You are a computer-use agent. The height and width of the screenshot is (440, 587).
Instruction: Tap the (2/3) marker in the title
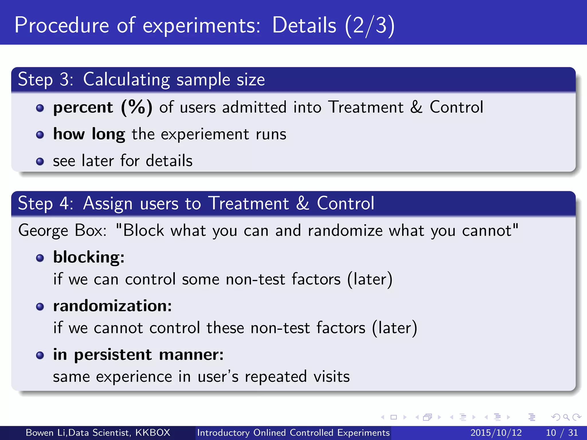(370, 26)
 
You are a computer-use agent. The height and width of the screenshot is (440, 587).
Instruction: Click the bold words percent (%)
(103, 107)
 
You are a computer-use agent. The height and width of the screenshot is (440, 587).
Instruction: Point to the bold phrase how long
(89, 134)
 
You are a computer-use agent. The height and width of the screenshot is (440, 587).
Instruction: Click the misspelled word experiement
(205, 134)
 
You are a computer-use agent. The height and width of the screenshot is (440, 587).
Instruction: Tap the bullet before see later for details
(40, 161)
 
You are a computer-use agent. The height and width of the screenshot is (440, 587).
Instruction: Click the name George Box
(62, 230)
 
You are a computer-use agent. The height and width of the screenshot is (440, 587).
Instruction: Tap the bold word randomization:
(112, 306)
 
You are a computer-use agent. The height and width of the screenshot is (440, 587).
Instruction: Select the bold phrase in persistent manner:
(138, 355)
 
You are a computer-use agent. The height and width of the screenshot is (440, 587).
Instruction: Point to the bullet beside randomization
(40, 307)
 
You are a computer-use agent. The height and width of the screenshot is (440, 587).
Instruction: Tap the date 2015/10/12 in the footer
(496, 433)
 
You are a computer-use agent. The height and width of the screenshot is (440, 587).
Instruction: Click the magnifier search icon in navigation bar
(566, 417)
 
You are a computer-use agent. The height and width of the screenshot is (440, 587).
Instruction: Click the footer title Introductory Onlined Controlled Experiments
(293, 433)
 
